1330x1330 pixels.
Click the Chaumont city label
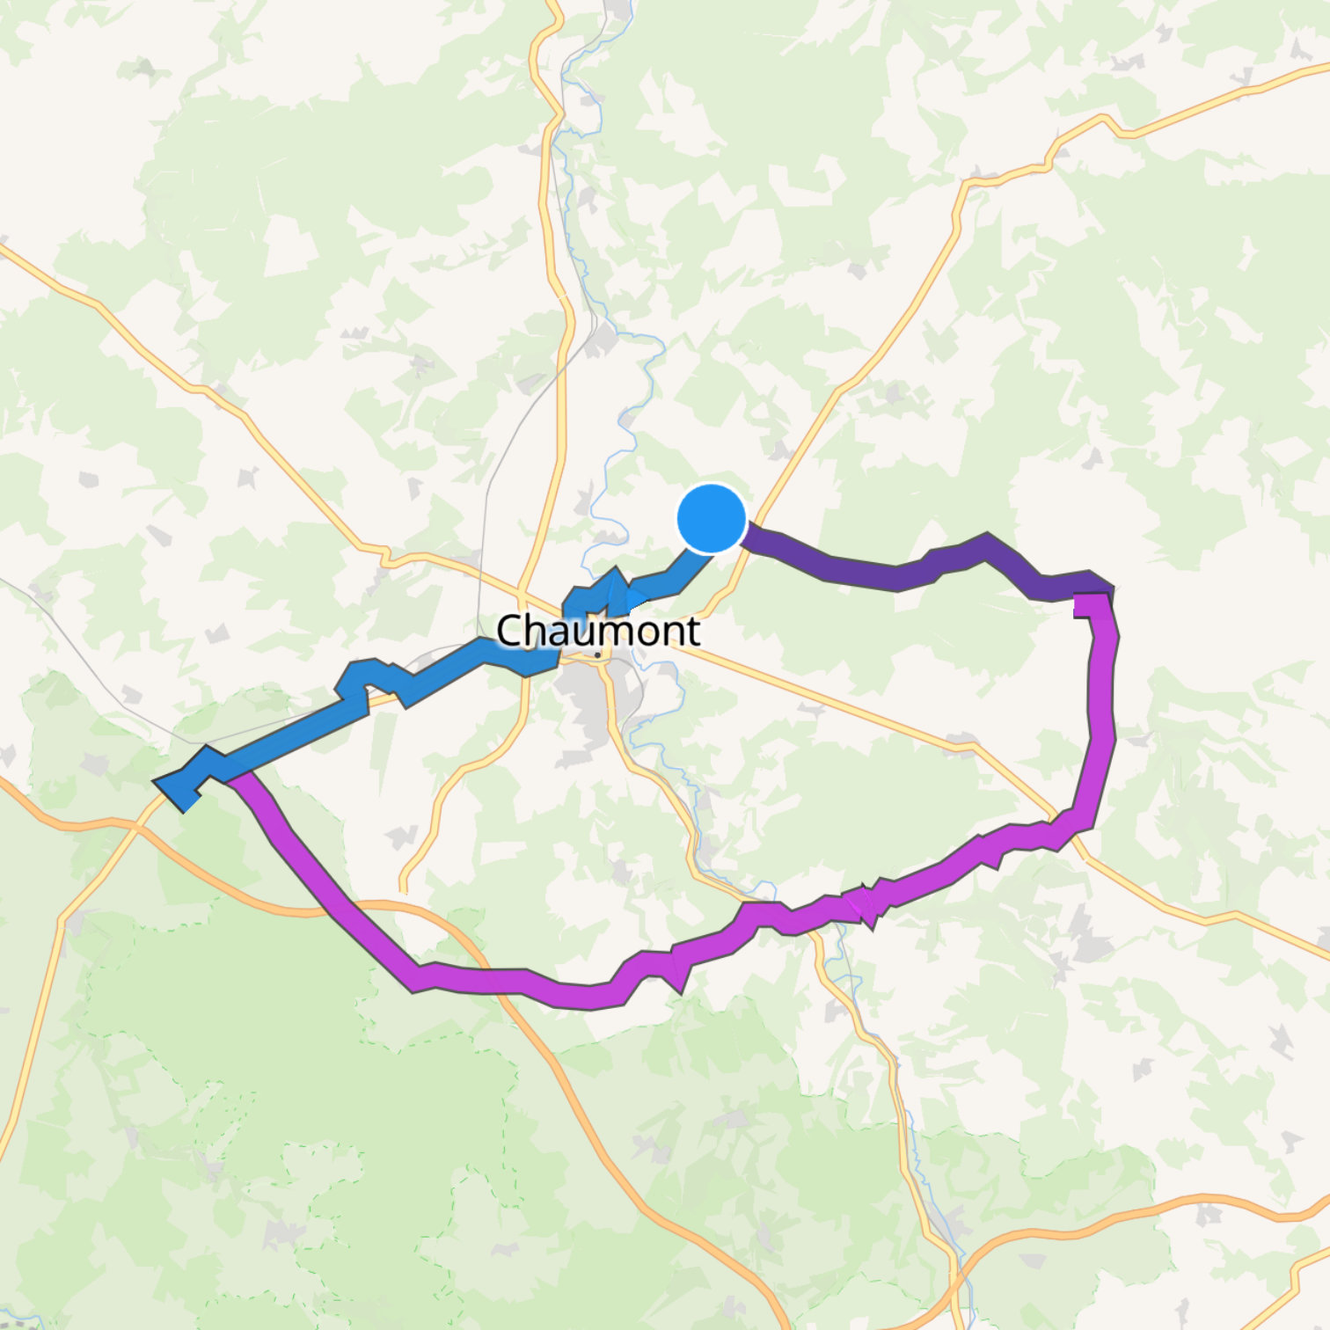tap(598, 631)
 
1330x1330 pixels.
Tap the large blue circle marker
tap(711, 519)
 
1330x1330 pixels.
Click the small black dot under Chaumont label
tap(598, 655)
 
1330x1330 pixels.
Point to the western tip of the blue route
tap(158, 780)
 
